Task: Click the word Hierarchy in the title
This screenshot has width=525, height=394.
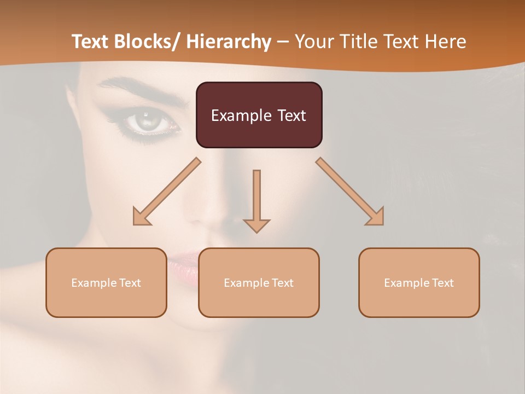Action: click(229, 42)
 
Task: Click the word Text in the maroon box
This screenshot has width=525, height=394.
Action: click(291, 115)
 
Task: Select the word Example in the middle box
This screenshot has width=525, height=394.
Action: click(243, 283)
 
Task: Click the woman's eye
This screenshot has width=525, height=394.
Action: click(147, 121)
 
